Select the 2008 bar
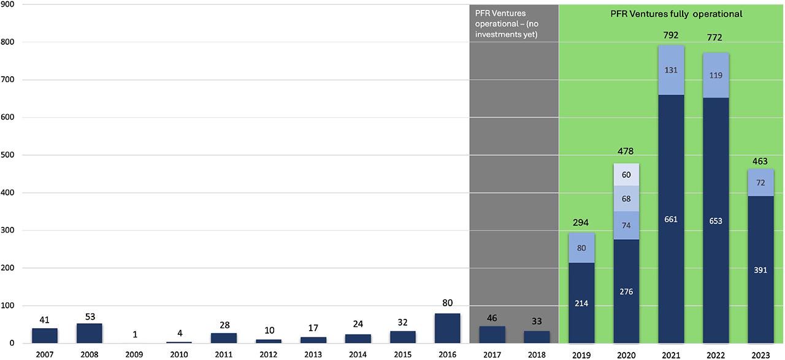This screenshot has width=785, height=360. (90, 333)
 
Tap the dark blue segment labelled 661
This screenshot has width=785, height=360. (671, 219)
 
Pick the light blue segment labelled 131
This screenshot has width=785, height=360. (671, 70)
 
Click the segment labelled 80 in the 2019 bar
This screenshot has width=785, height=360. (581, 248)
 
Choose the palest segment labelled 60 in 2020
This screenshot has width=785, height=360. (626, 175)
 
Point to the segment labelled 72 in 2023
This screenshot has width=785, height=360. (760, 183)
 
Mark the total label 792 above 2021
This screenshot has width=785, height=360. (671, 36)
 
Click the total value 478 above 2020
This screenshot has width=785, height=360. (626, 151)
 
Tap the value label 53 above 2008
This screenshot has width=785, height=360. (90, 316)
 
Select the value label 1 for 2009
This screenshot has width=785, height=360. (134, 335)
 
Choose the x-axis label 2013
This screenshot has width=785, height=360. (313, 354)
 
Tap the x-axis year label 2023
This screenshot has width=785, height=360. (760, 354)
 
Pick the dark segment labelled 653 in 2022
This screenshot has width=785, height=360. (716, 221)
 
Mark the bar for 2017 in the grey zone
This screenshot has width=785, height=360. (492, 334)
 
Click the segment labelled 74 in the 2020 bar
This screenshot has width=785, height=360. (626, 225)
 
